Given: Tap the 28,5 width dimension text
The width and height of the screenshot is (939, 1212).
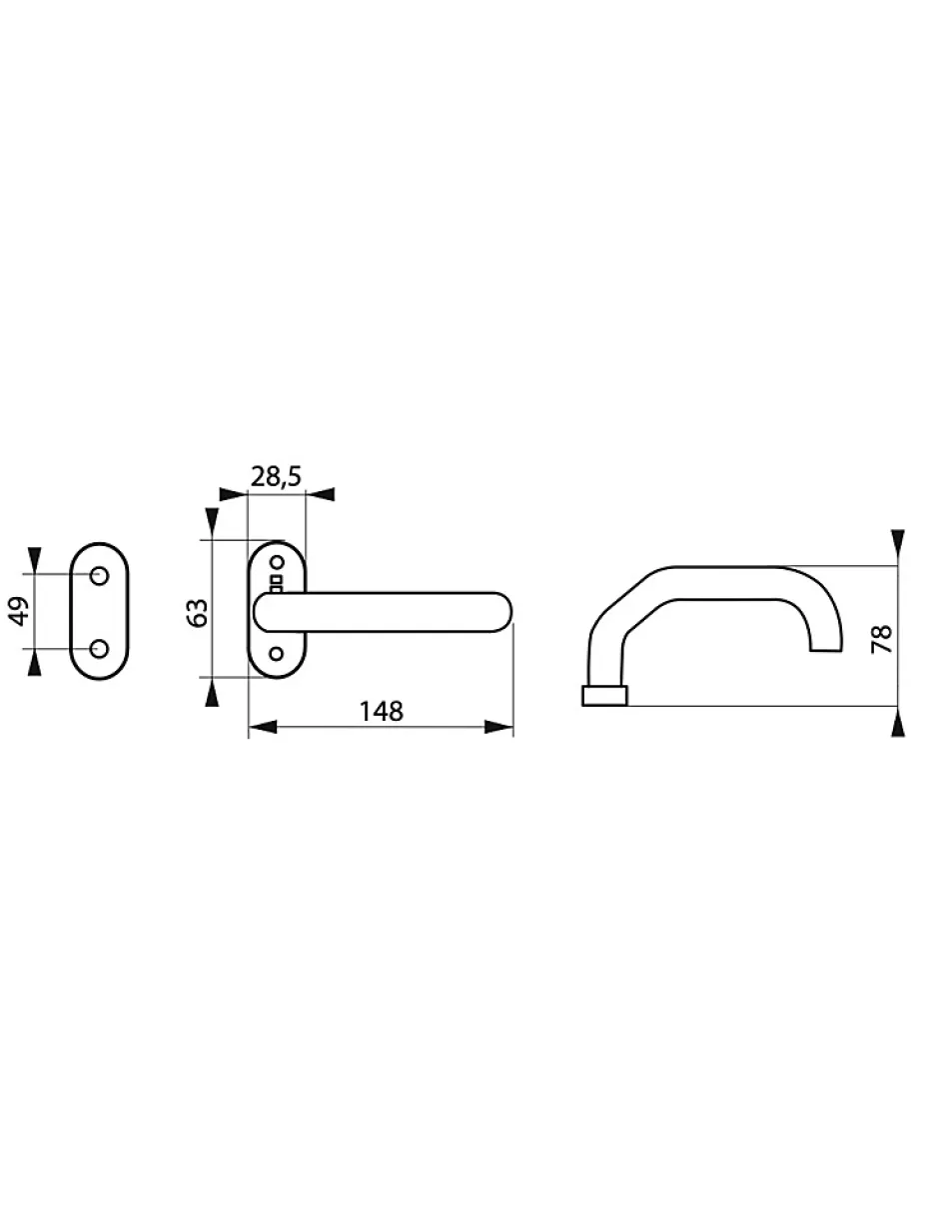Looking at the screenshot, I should coord(277,477).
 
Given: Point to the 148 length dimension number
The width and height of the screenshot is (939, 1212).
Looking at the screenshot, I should coord(381,711).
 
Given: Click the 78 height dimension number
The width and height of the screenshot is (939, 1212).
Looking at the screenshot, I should coord(881,637).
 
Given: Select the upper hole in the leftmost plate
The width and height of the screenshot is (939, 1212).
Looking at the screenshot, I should coord(99,576).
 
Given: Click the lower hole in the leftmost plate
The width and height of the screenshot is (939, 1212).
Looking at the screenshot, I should coord(99,649).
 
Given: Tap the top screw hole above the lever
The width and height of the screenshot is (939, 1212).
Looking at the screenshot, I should coord(278,565).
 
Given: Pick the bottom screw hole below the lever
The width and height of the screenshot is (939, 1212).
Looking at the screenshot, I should coord(278,654).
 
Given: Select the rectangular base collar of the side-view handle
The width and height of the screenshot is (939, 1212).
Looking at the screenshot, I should coord(604,696).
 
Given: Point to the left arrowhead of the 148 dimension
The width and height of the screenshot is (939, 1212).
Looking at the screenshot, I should coord(262,727).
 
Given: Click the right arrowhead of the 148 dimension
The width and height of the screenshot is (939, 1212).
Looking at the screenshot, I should coord(498,727).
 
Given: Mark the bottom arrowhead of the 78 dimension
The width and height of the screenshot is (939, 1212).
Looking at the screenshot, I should coord(897,723).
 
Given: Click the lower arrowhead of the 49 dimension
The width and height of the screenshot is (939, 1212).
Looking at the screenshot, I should coord(35,662).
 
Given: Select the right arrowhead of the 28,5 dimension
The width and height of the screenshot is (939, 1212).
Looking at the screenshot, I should coord(321,494).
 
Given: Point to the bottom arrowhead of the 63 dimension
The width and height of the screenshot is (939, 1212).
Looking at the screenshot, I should coord(211,691).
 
